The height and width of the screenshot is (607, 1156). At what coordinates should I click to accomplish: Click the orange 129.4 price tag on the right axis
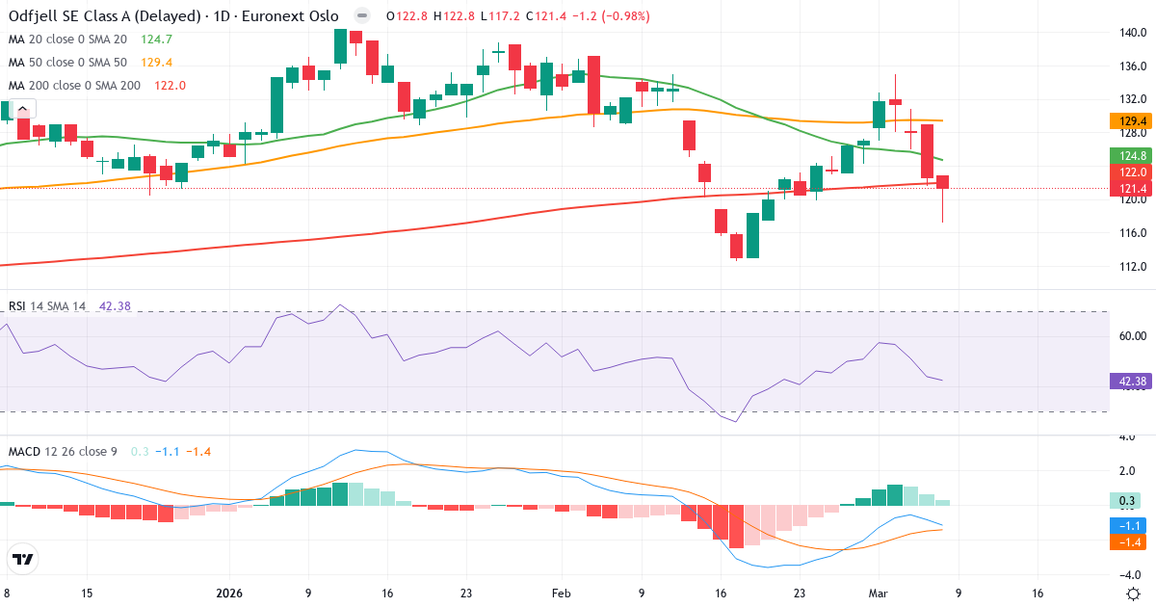(x=1133, y=121)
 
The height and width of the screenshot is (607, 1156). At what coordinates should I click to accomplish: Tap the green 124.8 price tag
(x=1133, y=156)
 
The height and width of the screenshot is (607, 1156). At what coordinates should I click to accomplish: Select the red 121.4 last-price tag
(x=1133, y=188)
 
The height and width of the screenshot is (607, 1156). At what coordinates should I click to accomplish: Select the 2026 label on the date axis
(x=229, y=594)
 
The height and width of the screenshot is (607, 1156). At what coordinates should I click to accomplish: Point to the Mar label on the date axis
(x=878, y=594)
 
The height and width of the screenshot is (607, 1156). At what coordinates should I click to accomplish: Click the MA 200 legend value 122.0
(x=170, y=86)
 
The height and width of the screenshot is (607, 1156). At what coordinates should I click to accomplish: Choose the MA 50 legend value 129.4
(x=156, y=63)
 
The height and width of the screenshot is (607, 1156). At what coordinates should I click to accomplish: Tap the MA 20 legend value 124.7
(x=156, y=40)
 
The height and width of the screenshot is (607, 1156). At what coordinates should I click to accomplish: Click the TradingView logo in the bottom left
(x=22, y=559)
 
